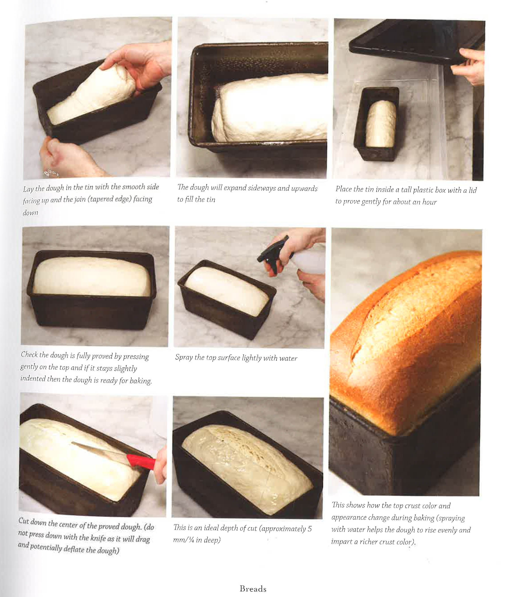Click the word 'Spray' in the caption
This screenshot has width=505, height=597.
click(184, 358)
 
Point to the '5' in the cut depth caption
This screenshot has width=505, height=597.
click(310, 529)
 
